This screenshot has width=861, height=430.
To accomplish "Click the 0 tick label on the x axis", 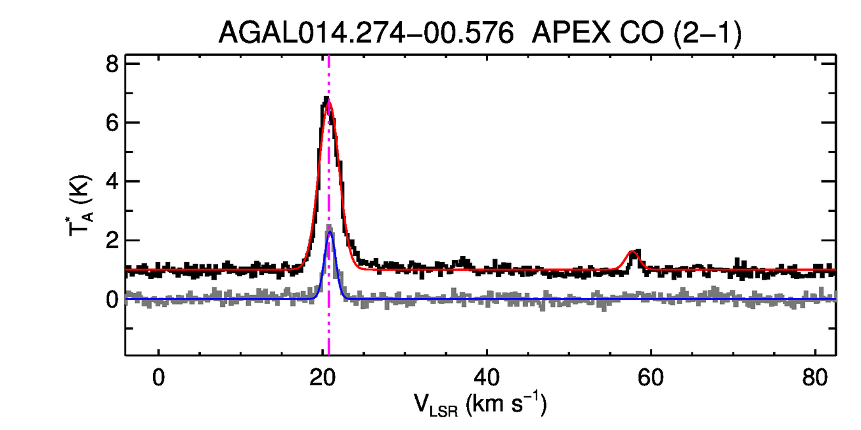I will (x=159, y=377).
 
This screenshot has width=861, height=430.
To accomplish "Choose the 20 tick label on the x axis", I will (x=323, y=377).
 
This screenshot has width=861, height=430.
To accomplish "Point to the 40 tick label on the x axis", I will (x=487, y=377).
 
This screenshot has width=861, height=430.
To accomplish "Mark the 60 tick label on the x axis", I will (x=651, y=377).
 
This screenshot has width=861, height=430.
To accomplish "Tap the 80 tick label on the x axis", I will (x=814, y=377).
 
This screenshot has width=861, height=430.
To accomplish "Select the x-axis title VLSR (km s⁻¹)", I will (x=480, y=404).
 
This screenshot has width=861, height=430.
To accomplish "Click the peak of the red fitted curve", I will (x=328, y=102).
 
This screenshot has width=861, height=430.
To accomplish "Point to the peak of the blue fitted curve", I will (x=330, y=233).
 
